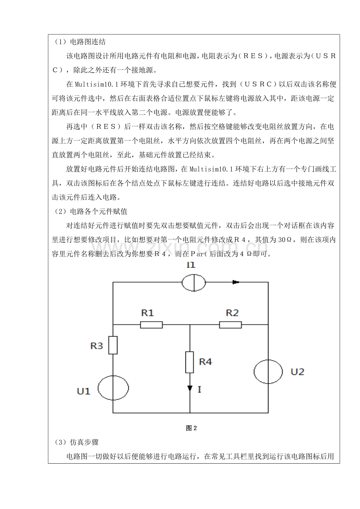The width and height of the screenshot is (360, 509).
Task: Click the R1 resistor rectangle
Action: (x=151, y=325)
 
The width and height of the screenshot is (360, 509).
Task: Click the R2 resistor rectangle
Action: (x=230, y=325)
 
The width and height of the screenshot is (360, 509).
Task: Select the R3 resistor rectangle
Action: (x=113, y=345)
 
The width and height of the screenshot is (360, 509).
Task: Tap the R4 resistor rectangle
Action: (x=190, y=362)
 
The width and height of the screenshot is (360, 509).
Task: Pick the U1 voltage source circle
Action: (x=113, y=388)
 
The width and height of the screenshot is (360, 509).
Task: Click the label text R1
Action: (x=148, y=313)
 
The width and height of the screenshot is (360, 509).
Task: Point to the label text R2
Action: (x=232, y=313)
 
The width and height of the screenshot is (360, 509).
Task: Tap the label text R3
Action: (x=97, y=346)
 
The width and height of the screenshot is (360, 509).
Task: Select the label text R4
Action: (x=205, y=362)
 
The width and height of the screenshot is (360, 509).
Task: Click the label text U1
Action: (x=83, y=391)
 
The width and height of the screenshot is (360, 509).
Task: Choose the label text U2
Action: (x=297, y=372)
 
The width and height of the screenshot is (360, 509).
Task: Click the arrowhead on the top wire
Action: (x=236, y=282)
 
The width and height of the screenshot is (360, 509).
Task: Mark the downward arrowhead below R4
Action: (x=190, y=388)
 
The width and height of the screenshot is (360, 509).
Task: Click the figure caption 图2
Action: (x=191, y=428)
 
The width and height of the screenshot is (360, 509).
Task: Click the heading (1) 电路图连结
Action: (x=79, y=42)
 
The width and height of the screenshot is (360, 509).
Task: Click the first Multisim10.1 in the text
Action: (x=97, y=84)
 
